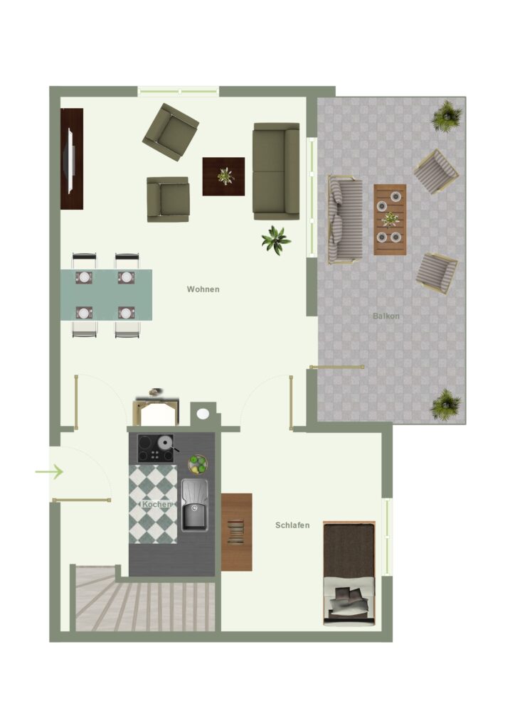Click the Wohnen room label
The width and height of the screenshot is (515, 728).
point(203,289)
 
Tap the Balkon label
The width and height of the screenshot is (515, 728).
point(386,316)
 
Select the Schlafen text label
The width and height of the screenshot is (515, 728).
point(292,525)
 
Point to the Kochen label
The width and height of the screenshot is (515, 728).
point(156,504)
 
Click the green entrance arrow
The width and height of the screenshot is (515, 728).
point(49,472)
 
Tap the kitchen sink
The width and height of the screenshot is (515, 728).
point(195,505)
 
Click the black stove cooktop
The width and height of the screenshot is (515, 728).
point(156,449)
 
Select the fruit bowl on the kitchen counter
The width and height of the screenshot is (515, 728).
point(197,464)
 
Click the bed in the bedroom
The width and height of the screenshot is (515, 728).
point(349,574)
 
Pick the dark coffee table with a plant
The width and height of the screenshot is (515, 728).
point(223,176)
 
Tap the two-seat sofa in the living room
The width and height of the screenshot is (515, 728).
point(276,171)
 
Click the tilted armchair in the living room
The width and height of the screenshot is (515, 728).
point(171,132)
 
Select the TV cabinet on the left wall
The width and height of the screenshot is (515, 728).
point(72,159)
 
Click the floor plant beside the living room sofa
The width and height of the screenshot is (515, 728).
point(276,240)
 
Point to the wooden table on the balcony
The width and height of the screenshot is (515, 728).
point(390,219)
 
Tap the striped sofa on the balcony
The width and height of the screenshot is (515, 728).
point(345,219)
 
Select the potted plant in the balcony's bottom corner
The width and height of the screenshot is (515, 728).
point(446,405)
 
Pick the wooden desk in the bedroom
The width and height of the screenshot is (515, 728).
point(236,532)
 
